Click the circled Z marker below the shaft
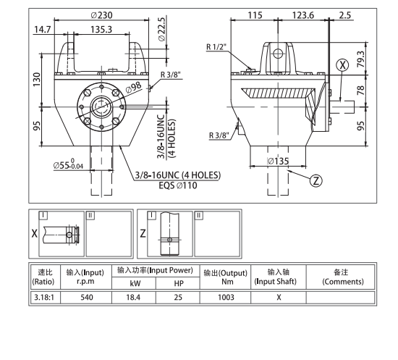(316, 180)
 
